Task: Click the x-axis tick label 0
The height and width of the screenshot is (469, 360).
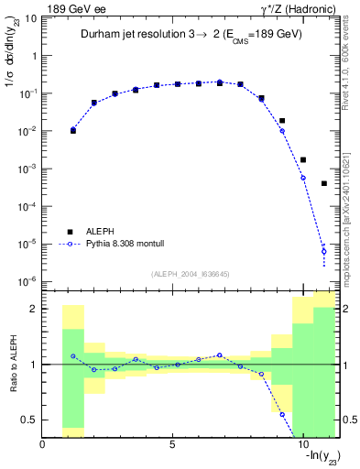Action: tap(43, 444)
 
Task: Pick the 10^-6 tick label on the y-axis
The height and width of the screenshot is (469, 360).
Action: tap(27, 281)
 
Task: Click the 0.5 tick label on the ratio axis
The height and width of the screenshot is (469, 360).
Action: tap(28, 420)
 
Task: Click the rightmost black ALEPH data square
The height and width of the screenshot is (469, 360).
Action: tap(324, 183)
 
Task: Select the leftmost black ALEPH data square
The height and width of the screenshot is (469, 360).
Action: tap(73, 131)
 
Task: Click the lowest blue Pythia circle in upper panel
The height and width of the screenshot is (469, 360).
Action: tap(324, 251)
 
